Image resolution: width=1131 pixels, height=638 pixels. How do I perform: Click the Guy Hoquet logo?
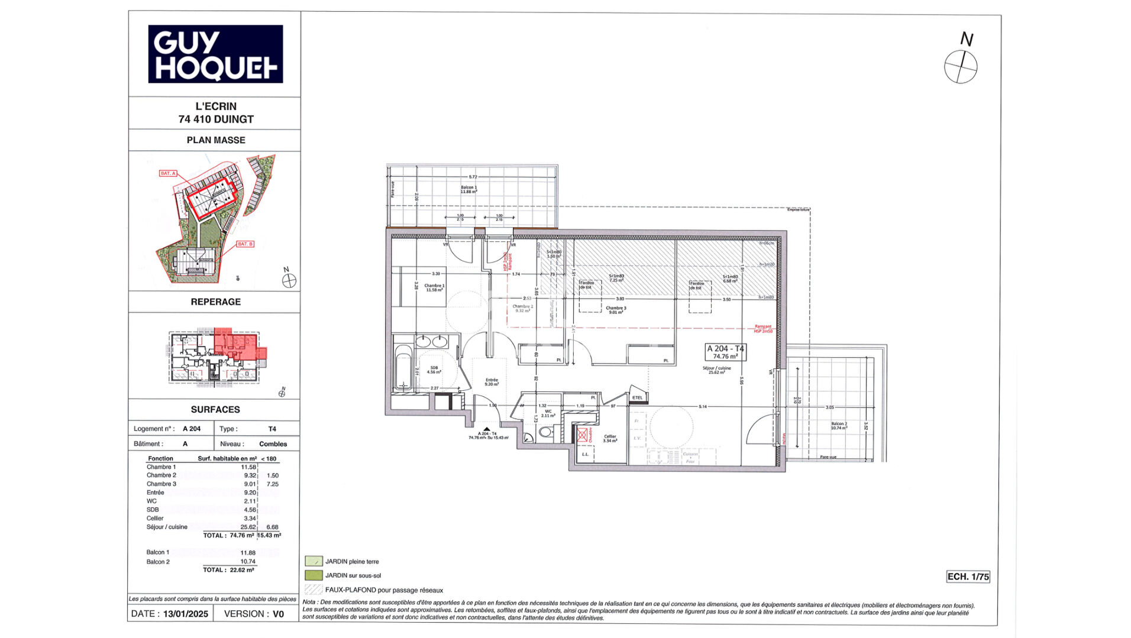pyautogui.click(x=215, y=54)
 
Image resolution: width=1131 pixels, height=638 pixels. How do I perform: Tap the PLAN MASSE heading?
pyautogui.click(x=216, y=140)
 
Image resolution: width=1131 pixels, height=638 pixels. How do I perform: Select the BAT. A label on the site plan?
pyautogui.click(x=168, y=173)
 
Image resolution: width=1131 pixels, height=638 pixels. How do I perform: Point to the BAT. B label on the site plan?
pyautogui.click(x=245, y=244)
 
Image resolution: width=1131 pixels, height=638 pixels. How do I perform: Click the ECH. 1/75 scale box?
pyautogui.click(x=968, y=577)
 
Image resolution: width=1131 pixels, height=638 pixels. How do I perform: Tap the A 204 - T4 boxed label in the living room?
pyautogui.click(x=725, y=352)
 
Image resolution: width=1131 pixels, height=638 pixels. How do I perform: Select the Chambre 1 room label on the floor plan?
pyautogui.click(x=434, y=287)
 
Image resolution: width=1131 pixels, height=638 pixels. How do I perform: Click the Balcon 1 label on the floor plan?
pyautogui.click(x=468, y=189)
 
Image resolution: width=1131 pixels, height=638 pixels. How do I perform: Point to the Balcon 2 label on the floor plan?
pyautogui.click(x=839, y=425)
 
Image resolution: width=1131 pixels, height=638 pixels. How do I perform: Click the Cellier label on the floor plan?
pyautogui.click(x=610, y=438)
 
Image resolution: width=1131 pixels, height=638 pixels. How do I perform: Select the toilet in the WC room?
pyautogui.click(x=545, y=432)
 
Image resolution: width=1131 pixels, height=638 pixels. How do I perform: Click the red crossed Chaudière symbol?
pyautogui.click(x=583, y=435)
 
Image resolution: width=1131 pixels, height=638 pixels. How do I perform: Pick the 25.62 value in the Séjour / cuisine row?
pyautogui.click(x=248, y=527)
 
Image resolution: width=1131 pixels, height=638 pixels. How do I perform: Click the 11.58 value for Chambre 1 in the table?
pyautogui.click(x=248, y=467)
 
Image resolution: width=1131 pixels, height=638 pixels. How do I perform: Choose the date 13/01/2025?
pyautogui.click(x=186, y=614)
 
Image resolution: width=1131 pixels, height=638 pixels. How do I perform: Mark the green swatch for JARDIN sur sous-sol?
pyautogui.click(x=314, y=575)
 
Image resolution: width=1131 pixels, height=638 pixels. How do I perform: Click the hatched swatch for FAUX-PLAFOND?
pyautogui.click(x=314, y=590)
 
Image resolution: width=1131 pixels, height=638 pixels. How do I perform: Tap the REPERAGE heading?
pyautogui.click(x=215, y=302)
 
